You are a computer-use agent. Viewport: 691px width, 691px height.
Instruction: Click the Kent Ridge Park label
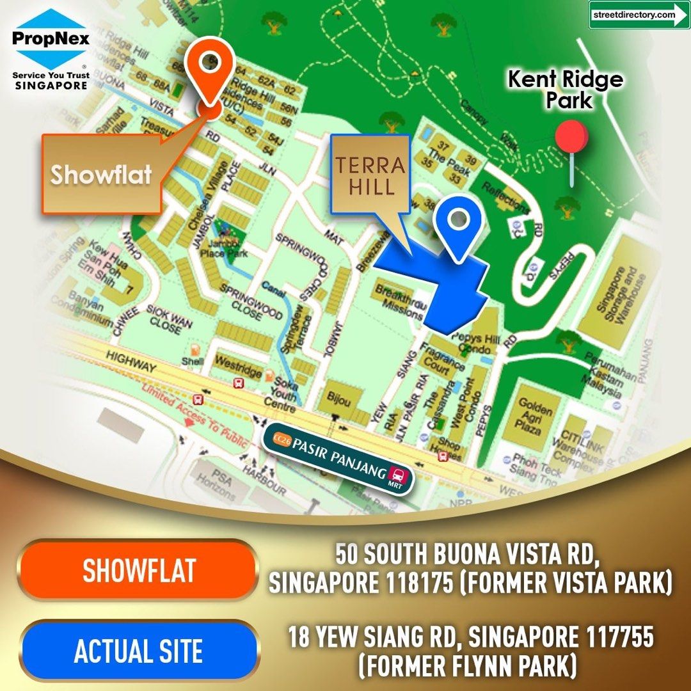tap(566, 90)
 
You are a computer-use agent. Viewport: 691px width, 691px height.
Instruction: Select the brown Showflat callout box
tap(101, 174)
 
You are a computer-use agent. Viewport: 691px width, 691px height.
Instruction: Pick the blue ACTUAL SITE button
tap(139, 651)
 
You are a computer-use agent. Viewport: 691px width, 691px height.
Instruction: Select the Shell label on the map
tap(192, 360)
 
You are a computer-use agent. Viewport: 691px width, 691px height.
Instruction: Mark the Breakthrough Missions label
tap(398, 302)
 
